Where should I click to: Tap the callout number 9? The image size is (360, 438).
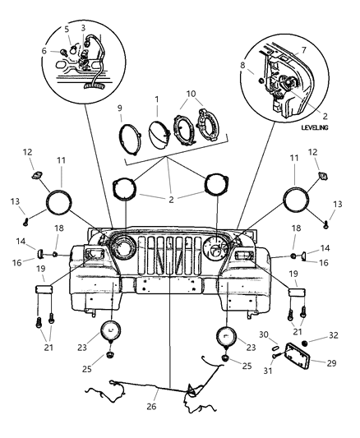120,108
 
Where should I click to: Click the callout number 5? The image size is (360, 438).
67,29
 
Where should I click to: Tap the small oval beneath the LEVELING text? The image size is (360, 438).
316,139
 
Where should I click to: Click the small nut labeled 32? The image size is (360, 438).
305,341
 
